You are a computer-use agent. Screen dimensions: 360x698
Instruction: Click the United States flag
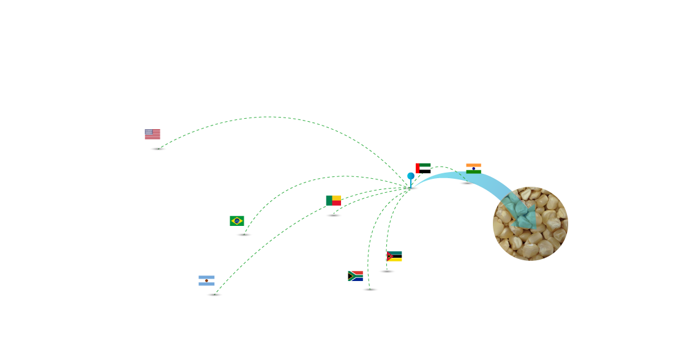tap(152, 134)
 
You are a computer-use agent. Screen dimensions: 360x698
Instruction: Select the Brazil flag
tap(237, 220)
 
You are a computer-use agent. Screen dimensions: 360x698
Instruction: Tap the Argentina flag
tap(206, 281)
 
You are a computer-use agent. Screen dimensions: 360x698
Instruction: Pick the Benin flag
tap(333, 200)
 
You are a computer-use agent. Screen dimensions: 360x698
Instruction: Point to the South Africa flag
tap(355, 276)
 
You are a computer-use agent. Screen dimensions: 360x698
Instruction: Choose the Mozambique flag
tap(394, 256)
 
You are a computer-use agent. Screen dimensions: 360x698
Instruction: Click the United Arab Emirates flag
tap(423, 167)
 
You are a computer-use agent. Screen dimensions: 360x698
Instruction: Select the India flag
tap(473, 168)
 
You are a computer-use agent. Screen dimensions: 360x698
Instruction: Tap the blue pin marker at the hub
tap(411, 176)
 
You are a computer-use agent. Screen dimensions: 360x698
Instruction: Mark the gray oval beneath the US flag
tap(158, 149)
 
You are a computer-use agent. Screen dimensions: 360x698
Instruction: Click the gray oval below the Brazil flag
tap(244, 234)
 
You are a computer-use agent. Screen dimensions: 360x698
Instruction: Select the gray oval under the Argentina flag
tap(214, 294)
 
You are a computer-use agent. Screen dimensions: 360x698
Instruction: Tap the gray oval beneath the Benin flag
tap(334, 216)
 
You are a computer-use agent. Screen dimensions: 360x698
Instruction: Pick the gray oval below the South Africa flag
tap(370, 290)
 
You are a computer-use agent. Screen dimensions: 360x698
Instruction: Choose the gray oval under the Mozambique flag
tap(387, 271)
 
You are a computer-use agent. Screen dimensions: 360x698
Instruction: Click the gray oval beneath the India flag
tap(467, 183)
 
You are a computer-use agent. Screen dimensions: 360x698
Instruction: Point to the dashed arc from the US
tap(269, 117)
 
